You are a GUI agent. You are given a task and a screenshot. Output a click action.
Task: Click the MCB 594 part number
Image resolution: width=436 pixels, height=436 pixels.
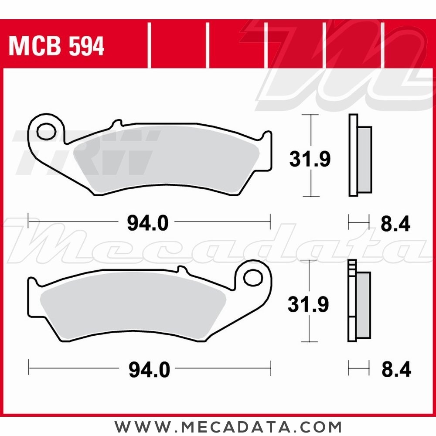point(56,46)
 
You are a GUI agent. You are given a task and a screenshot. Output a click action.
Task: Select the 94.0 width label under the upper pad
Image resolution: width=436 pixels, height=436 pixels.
point(147,224)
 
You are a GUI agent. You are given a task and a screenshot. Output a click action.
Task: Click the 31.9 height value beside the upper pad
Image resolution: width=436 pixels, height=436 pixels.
point(310,160)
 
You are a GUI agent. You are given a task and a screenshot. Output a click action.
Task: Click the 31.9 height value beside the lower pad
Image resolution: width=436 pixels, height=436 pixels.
point(308,305)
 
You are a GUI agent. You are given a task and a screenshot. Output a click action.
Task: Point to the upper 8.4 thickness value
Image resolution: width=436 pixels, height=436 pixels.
point(395,225)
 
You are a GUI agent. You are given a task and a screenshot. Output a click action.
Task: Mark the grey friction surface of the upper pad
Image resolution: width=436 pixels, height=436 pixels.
point(166,161)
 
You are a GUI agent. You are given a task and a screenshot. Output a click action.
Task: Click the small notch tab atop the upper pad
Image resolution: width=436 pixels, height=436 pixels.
point(116,124)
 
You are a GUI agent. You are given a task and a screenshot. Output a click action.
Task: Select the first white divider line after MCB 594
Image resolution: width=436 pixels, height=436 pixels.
point(149,46)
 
